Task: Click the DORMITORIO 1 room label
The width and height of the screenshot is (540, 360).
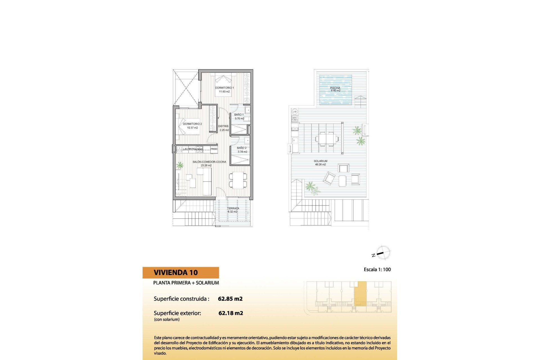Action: [224, 88]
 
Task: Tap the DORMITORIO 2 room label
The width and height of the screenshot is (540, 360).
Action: [192, 124]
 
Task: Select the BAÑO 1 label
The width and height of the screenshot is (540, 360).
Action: [239, 115]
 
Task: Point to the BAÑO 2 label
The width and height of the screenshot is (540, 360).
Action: [242, 148]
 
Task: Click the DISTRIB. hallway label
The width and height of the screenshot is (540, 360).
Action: [224, 126]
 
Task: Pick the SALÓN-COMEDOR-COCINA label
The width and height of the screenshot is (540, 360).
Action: [209, 162]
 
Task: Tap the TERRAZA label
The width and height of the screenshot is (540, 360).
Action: [233, 208]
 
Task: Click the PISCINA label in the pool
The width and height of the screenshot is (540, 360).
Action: [335, 88]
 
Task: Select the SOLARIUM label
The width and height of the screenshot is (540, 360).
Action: [321, 161]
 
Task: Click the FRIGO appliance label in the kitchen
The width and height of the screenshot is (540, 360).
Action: [214, 149]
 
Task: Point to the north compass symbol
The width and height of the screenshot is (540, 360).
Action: [382, 252]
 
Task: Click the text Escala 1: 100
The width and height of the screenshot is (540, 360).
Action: [377, 269]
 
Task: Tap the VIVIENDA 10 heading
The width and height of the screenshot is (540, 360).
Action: [176, 273]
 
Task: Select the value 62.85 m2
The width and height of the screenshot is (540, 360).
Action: [230, 299]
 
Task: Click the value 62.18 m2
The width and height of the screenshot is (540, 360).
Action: [231, 313]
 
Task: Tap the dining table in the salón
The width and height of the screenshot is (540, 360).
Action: [238, 180]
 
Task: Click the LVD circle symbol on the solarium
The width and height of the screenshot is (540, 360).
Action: [295, 112]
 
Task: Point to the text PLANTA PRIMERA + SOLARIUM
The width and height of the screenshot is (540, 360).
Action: [186, 283]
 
